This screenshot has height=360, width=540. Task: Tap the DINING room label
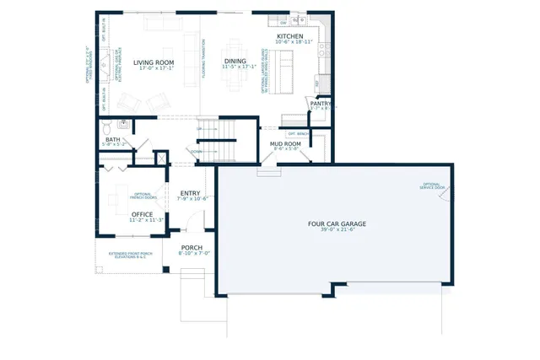tap(235, 61)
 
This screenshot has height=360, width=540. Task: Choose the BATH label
tap(112, 139)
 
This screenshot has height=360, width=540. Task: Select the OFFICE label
tap(142, 214)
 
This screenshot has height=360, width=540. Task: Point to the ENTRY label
tap(191, 193)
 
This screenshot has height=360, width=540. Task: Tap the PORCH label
tap(192, 247)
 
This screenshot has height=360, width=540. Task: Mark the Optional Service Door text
tap(433, 185)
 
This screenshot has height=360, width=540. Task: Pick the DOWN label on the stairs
tap(196, 152)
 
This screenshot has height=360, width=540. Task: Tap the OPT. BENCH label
tap(297, 133)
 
